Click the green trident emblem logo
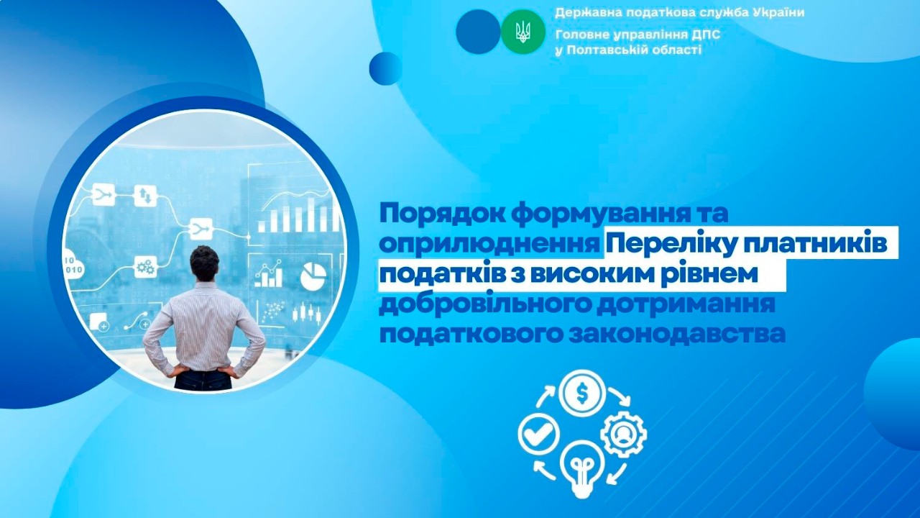(523, 32)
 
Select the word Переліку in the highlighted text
(668, 245)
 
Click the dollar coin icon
(582, 393)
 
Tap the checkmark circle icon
(538, 434)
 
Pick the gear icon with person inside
(623, 434)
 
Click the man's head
(204, 263)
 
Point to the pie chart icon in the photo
(313, 276)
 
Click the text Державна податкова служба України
(679, 13)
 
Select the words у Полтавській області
(627, 50)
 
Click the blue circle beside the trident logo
(477, 32)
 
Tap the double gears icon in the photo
(144, 268)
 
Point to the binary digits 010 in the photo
(74, 269)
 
